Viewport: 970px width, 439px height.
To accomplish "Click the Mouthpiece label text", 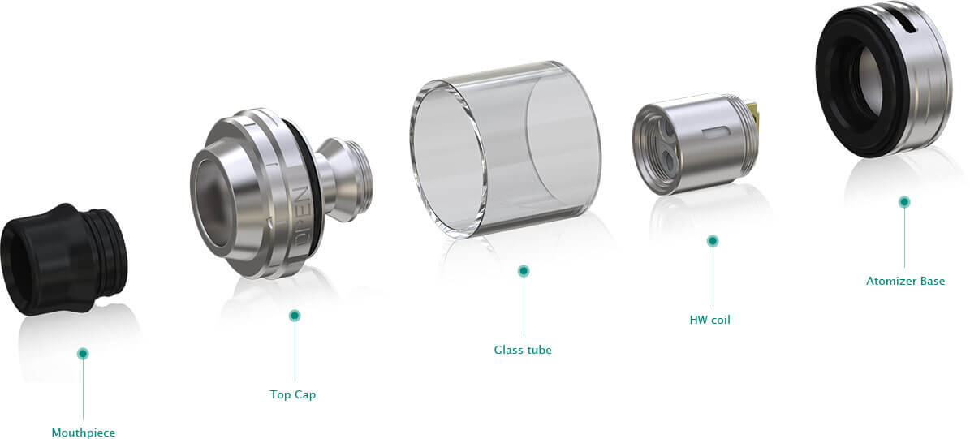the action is pyautogui.click(x=84, y=433).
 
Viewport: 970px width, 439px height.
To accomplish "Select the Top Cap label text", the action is pyautogui.click(x=292, y=394).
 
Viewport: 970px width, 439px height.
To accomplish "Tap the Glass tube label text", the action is pyautogui.click(x=523, y=350).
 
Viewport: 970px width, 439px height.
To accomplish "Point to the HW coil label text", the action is pyautogui.click(x=710, y=321).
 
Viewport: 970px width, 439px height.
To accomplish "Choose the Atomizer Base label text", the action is pyautogui.click(x=906, y=282).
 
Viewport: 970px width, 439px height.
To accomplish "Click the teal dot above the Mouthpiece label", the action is pyautogui.click(x=83, y=354).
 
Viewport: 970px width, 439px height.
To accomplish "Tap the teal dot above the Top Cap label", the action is pyautogui.click(x=295, y=316).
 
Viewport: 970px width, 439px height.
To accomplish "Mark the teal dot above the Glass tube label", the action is pyautogui.click(x=524, y=271).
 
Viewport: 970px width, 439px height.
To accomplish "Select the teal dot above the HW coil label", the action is pyautogui.click(x=713, y=241).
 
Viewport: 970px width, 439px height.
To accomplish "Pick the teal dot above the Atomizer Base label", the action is pyautogui.click(x=904, y=201).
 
